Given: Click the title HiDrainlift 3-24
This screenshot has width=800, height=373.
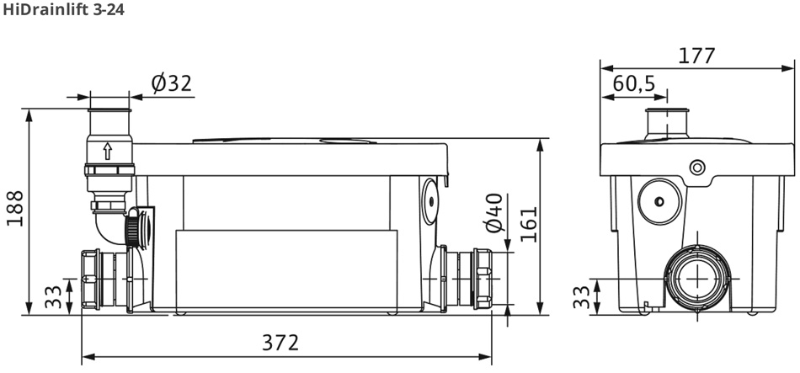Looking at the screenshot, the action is point(63,10).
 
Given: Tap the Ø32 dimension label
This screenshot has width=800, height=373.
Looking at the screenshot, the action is point(172,83).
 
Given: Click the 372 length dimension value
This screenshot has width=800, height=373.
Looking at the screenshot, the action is point(280,343).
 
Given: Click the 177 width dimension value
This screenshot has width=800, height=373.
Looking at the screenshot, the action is point(697,56).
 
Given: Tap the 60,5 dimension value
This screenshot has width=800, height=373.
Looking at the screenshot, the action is point(633,83).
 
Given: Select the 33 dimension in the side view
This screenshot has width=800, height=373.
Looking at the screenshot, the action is point(581,297).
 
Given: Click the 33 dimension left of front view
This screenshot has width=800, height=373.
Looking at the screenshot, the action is point(53,297).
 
